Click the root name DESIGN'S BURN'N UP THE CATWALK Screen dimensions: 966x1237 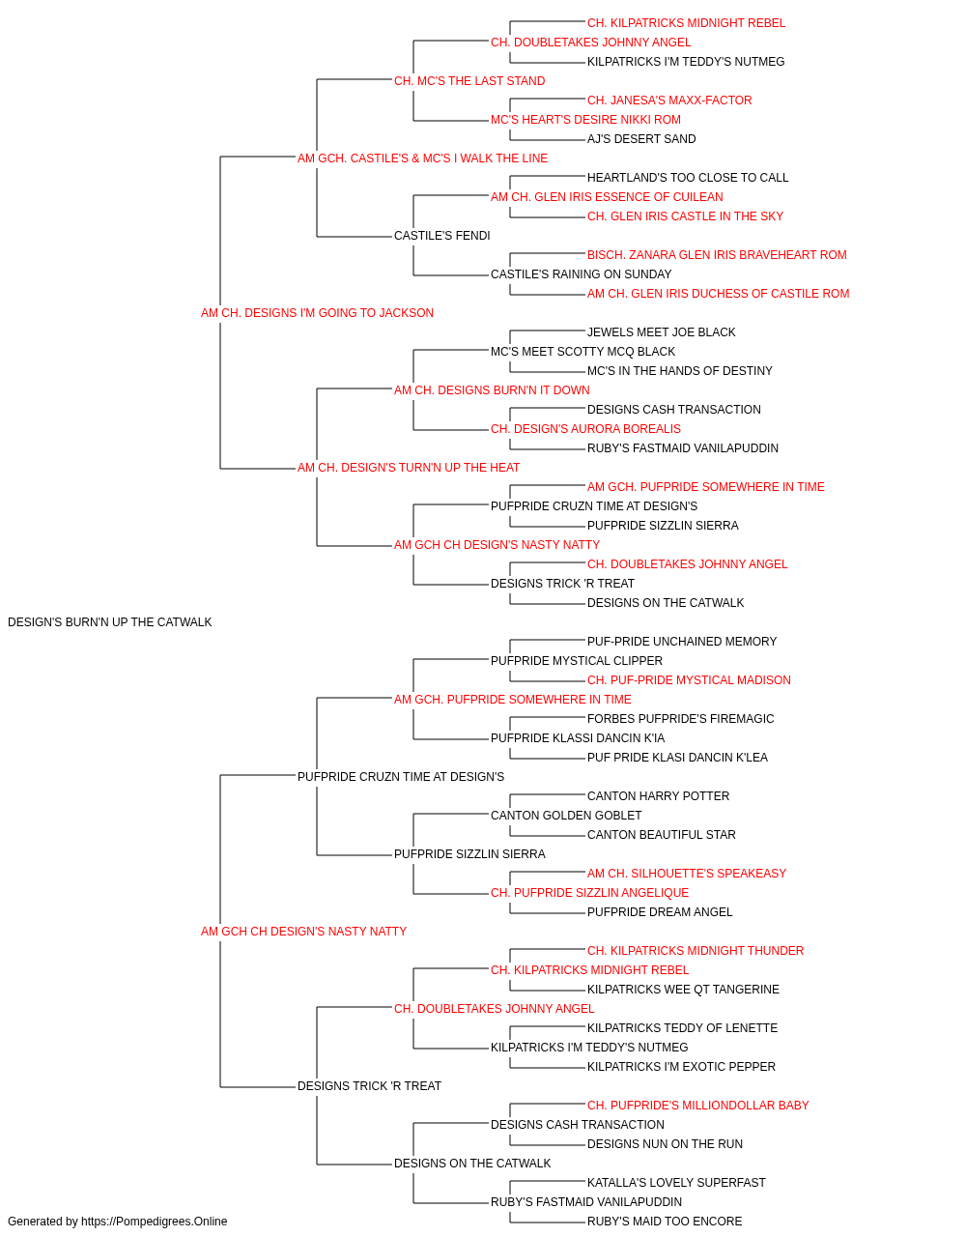click(110, 622)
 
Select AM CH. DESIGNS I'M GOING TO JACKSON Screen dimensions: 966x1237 click(317, 313)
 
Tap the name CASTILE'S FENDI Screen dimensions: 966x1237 click(442, 236)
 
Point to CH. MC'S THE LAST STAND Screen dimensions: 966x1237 click(469, 81)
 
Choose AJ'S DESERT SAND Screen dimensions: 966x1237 click(641, 139)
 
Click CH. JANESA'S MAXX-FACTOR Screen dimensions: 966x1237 click(669, 101)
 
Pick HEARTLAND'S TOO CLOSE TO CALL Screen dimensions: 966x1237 click(688, 178)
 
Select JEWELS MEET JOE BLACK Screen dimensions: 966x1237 click(661, 332)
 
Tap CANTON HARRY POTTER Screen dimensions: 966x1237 click(658, 795)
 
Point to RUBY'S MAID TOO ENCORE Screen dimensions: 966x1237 click(665, 1222)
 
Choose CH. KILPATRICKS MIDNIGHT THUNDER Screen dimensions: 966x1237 click(696, 951)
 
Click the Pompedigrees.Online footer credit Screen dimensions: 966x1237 click(117, 1222)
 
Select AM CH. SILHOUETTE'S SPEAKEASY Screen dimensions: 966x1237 click(687, 874)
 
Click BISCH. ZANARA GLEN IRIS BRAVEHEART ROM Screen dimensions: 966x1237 click(717, 255)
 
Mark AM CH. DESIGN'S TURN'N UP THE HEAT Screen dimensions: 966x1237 click(409, 468)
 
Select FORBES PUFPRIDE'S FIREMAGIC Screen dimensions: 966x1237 click(680, 718)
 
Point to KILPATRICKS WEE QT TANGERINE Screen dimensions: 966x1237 click(683, 990)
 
